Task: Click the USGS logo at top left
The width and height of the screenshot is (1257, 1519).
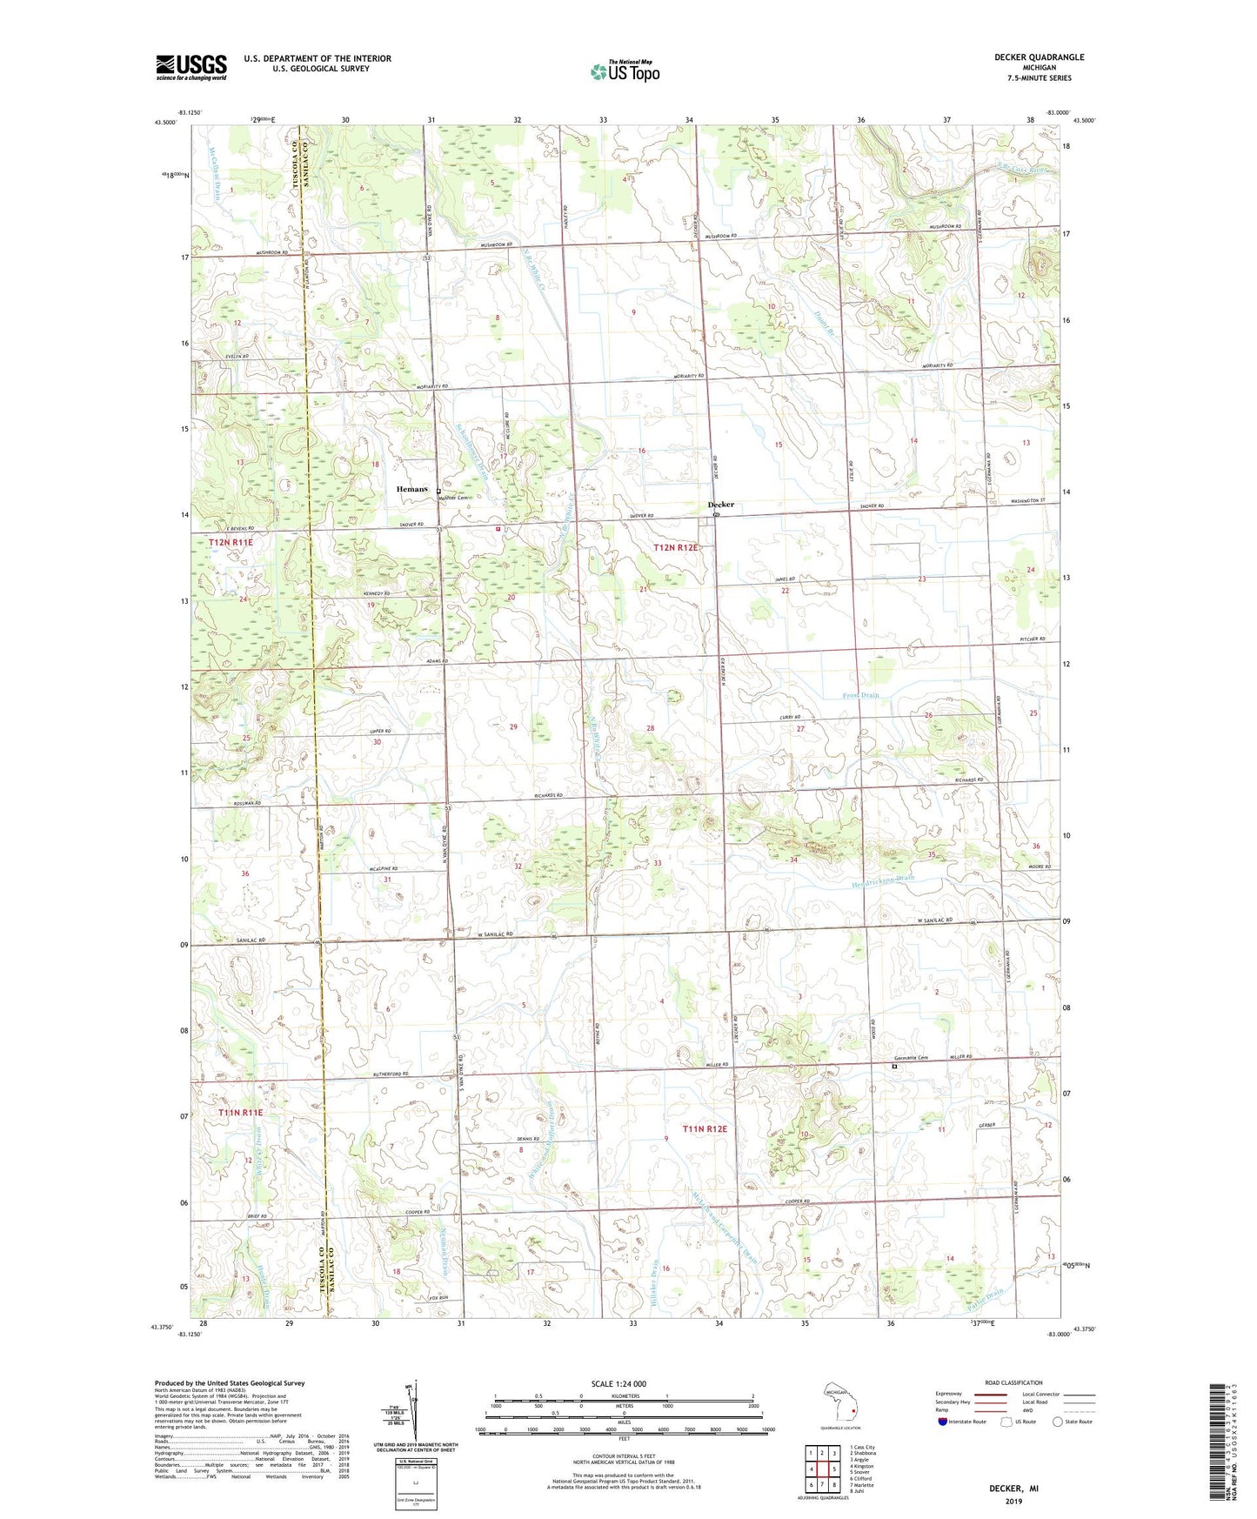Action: point(191,66)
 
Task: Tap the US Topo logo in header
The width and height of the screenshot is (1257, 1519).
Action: point(624,71)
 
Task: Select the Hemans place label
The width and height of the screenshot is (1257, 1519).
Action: point(411,489)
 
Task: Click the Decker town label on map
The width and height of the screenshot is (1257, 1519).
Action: point(720,505)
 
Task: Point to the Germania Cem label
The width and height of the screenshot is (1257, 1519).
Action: point(910,1058)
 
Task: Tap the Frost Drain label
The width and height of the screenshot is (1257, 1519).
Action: point(860,695)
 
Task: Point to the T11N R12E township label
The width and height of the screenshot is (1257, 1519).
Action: point(704,1128)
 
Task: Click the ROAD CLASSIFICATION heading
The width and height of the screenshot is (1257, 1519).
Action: point(1013,1382)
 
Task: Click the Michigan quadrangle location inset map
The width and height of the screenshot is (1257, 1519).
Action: point(839,1404)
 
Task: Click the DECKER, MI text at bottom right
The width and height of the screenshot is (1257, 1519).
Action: point(1013,1489)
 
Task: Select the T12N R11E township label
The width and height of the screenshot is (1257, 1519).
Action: point(231,543)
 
